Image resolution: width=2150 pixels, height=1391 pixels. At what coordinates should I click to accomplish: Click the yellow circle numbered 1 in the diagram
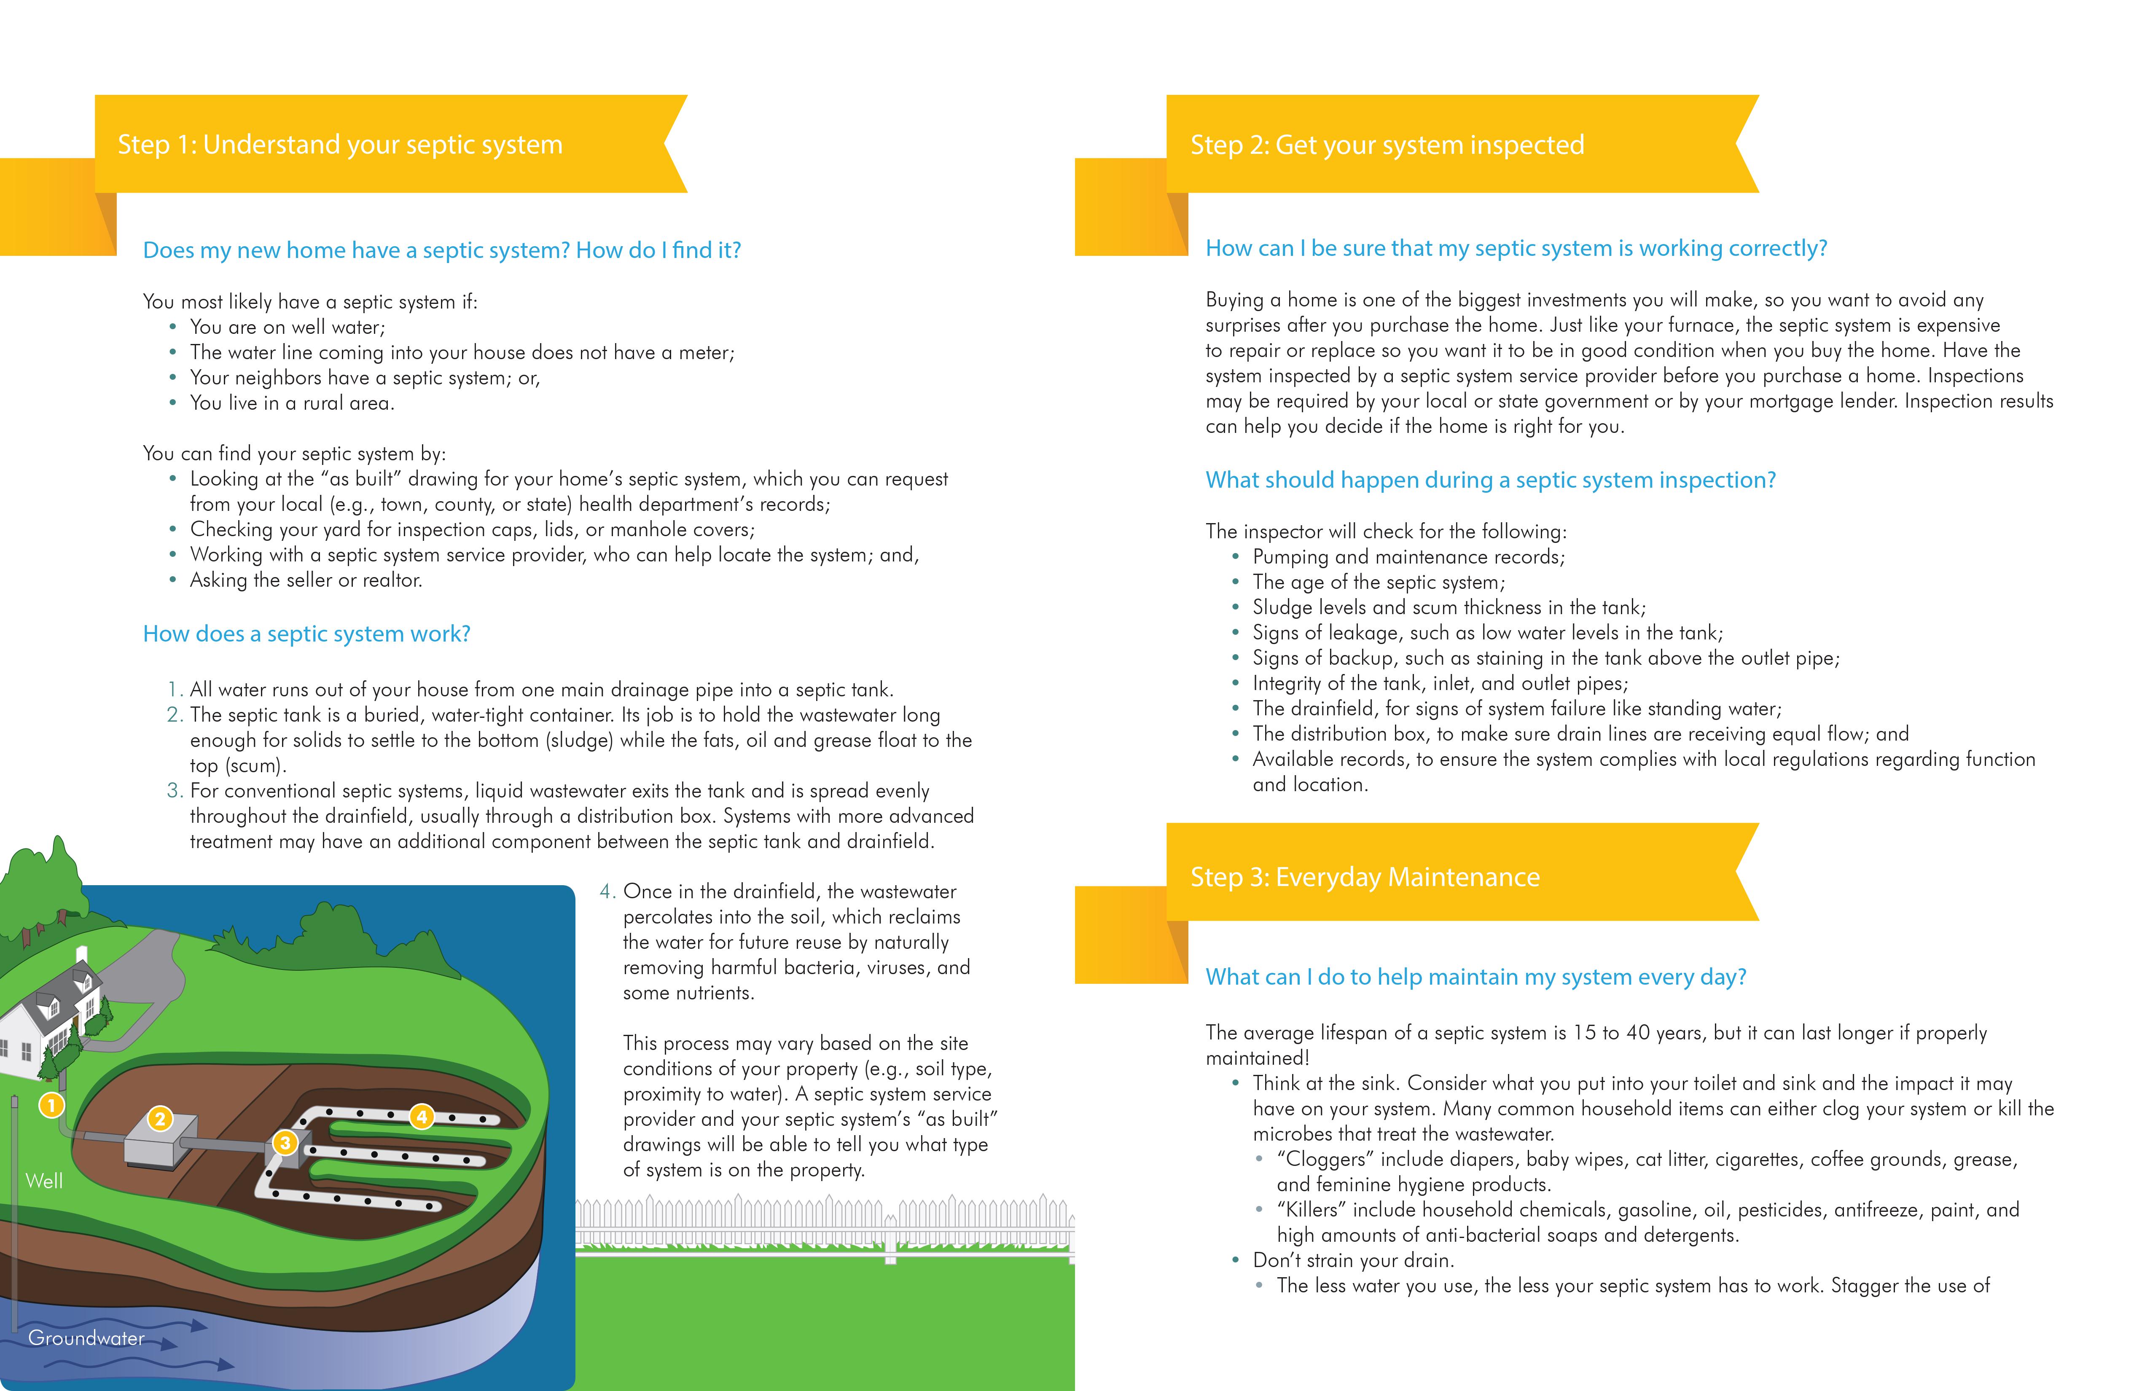(51, 1105)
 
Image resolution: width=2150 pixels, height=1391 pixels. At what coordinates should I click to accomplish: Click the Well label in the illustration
(44, 1181)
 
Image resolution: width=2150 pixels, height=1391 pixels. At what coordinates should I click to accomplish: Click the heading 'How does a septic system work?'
(306, 634)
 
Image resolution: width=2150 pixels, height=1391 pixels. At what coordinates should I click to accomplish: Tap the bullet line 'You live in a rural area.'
(292, 403)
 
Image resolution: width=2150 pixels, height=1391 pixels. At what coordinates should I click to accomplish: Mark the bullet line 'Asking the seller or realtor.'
(305, 580)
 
